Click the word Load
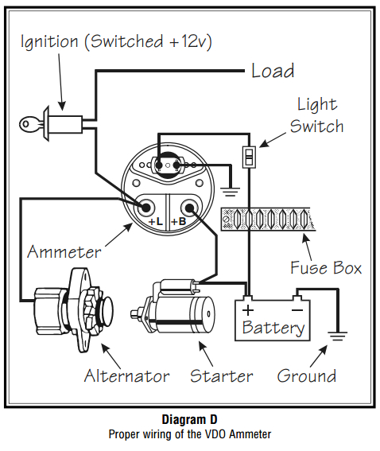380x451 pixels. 272,71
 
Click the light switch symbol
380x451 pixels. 248,156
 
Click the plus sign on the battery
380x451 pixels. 249,309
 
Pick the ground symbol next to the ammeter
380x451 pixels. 232,190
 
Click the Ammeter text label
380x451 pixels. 64,252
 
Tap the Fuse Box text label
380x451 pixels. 325,267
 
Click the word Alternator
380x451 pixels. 127,375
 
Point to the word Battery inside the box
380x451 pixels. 273,327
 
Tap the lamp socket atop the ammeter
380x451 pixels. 168,165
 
